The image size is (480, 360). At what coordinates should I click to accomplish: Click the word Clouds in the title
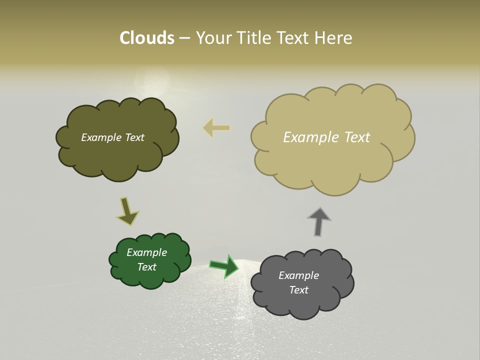click(x=147, y=38)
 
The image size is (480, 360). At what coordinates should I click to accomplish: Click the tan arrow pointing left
click(x=216, y=128)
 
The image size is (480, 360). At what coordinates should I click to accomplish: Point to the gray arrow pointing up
click(x=319, y=221)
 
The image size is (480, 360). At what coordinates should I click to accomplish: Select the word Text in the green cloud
click(x=147, y=267)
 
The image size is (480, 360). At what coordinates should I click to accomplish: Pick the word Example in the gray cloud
click(x=298, y=275)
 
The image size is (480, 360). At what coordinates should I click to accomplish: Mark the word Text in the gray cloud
click(x=298, y=290)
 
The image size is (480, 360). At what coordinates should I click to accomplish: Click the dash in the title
click(x=184, y=38)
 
